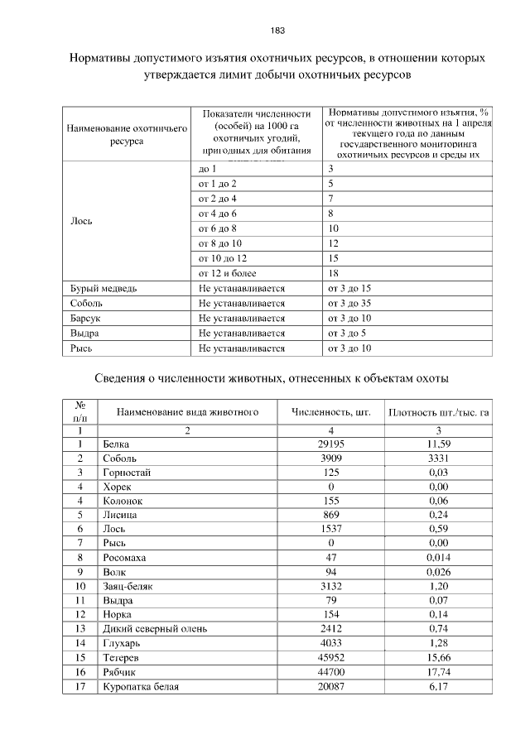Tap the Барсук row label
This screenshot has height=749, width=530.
tap(84, 319)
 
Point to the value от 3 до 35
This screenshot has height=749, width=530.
tap(349, 304)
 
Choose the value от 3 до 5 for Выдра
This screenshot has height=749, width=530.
tap(347, 334)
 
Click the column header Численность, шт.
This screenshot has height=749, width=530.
tap(330, 411)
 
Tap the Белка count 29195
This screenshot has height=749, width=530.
tap(330, 444)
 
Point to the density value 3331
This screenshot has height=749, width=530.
tap(439, 459)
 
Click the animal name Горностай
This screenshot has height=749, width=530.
tap(127, 473)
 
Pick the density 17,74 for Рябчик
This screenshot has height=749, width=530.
tap(439, 672)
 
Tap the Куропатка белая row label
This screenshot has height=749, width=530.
tap(142, 687)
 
